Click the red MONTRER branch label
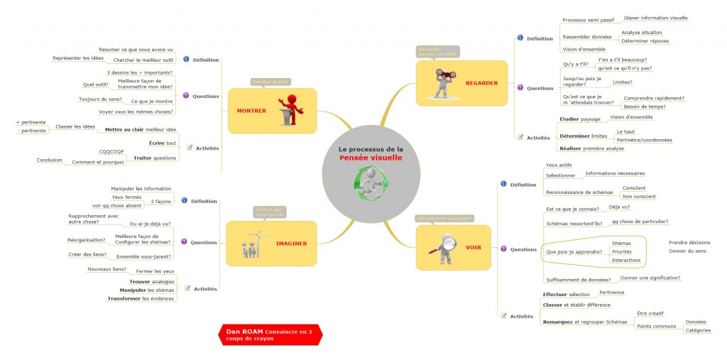[251, 111]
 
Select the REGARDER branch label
[481, 83]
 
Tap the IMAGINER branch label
[291, 244]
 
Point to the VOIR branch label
[473, 248]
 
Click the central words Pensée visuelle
[371, 158]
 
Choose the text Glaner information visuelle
[655, 18]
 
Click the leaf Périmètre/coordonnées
[644, 140]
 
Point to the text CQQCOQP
[111, 151]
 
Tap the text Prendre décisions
[689, 242]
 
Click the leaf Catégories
[698, 330]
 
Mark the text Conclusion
[50, 160]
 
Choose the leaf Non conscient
[639, 197]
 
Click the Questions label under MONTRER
[206, 95]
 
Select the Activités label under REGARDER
[538, 137]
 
